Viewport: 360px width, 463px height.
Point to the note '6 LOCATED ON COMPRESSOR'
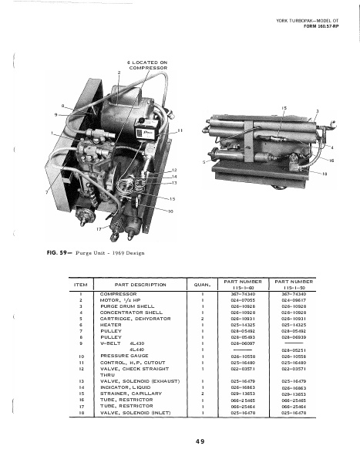(x=146, y=66)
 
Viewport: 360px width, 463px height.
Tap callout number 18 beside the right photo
(x=335, y=174)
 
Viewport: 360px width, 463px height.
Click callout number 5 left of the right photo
(x=204, y=162)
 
